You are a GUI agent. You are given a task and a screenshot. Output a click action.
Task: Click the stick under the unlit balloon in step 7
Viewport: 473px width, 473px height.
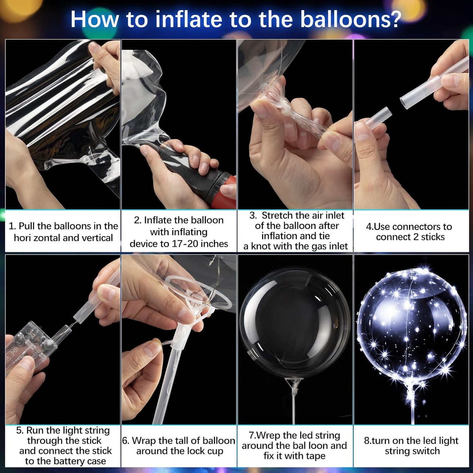pyautogui.click(x=294, y=406)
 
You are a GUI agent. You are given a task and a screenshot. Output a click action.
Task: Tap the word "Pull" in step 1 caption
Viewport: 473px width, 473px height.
pyautogui.click(x=27, y=226)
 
